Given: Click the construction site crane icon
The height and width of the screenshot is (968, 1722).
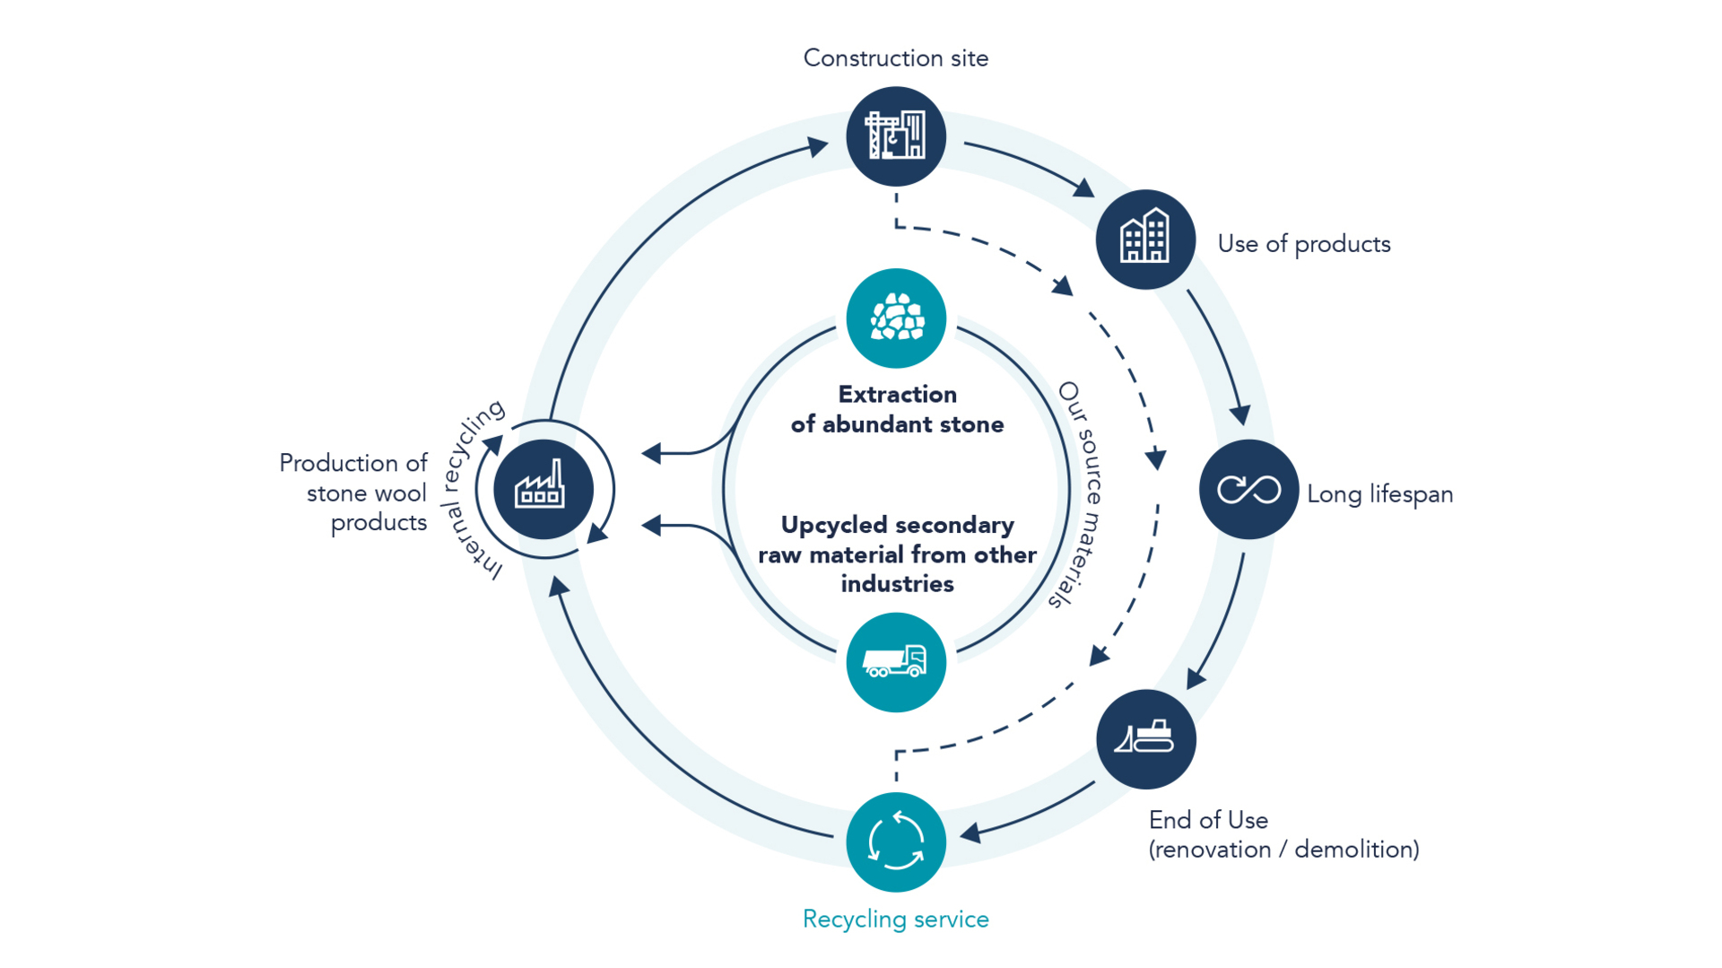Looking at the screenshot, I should [895, 135].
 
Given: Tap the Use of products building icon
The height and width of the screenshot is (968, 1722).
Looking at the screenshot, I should [1145, 239].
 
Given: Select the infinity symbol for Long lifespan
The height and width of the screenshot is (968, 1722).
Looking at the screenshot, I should [1248, 489].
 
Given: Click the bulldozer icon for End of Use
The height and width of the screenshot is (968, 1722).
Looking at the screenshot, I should [1145, 738].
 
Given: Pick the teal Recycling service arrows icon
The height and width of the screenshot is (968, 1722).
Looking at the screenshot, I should [895, 842].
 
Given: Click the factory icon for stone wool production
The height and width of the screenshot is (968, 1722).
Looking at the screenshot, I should [543, 489].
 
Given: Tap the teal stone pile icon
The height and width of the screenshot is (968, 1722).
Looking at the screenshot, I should [895, 318].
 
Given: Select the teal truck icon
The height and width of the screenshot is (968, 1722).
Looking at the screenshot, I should [895, 662].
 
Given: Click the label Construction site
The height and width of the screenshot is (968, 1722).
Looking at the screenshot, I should [895, 58].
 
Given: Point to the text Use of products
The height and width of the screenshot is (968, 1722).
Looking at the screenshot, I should [1303, 244].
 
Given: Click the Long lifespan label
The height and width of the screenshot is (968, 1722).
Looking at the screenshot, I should [1379, 494].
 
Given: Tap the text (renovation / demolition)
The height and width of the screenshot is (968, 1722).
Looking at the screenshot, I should [1283, 850].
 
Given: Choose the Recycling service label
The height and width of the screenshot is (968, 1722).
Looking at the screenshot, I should [895, 920].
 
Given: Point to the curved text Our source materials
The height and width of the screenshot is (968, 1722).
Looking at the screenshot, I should [1083, 493].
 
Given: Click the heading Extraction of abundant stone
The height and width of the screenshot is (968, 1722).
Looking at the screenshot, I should [897, 409].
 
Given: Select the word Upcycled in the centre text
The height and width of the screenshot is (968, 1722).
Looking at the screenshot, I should [834, 525].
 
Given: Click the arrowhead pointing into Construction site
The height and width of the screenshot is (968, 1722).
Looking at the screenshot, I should [817, 145].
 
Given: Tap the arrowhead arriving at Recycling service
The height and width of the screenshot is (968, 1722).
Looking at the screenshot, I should [970, 833].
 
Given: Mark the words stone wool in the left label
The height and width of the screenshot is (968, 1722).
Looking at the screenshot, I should [366, 493].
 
